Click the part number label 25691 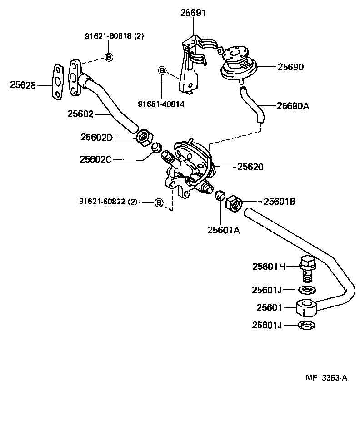(x=193, y=13)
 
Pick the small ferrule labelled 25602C (x=156, y=148)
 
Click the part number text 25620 (x=250, y=167)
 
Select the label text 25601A (x=224, y=230)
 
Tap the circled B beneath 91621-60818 (x=109, y=57)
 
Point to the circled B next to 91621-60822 (x=159, y=202)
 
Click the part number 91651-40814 (x=162, y=104)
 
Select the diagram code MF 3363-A (x=325, y=377)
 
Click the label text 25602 (x=80, y=114)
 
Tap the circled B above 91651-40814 (x=162, y=70)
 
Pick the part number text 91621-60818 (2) (x=114, y=36)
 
